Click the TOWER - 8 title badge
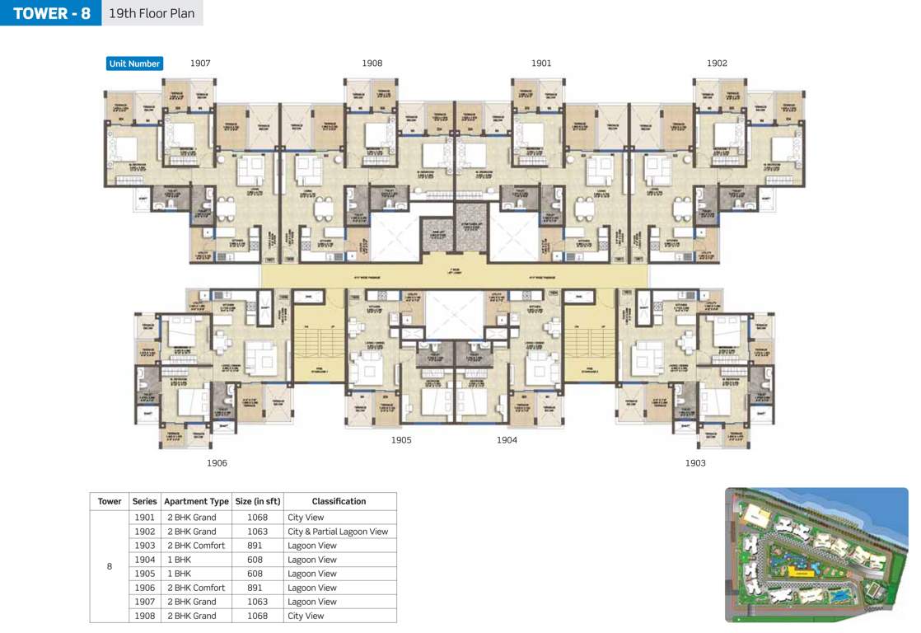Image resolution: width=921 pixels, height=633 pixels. coord(51,13)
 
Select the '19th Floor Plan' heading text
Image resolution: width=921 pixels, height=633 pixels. coord(152,13)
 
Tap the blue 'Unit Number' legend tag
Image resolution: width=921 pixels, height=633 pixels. coord(134,63)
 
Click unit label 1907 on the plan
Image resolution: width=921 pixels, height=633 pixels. coord(200,63)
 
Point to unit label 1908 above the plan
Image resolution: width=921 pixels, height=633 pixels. coord(372,63)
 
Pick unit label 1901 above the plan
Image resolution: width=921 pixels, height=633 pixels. coord(541,63)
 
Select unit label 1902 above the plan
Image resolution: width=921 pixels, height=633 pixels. coord(717,63)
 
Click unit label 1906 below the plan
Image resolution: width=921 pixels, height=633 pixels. coord(217,463)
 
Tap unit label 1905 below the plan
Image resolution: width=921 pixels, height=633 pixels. coord(401,440)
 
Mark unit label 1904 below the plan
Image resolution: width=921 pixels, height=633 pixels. coord(507,440)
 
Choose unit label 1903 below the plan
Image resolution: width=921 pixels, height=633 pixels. coord(695,463)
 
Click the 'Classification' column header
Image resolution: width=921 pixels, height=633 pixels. coord(339,501)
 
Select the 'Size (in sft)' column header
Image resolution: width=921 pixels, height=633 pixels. coord(257,501)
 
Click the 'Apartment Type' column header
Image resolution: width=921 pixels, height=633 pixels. coord(196,501)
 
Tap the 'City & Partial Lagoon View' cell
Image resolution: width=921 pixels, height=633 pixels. coord(338,532)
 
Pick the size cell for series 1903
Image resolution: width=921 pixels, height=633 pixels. coord(257,546)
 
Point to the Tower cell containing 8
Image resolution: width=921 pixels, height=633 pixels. coord(110,566)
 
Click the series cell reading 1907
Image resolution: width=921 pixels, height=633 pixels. coord(144,602)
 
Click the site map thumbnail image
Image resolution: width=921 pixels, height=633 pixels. coord(816,555)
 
